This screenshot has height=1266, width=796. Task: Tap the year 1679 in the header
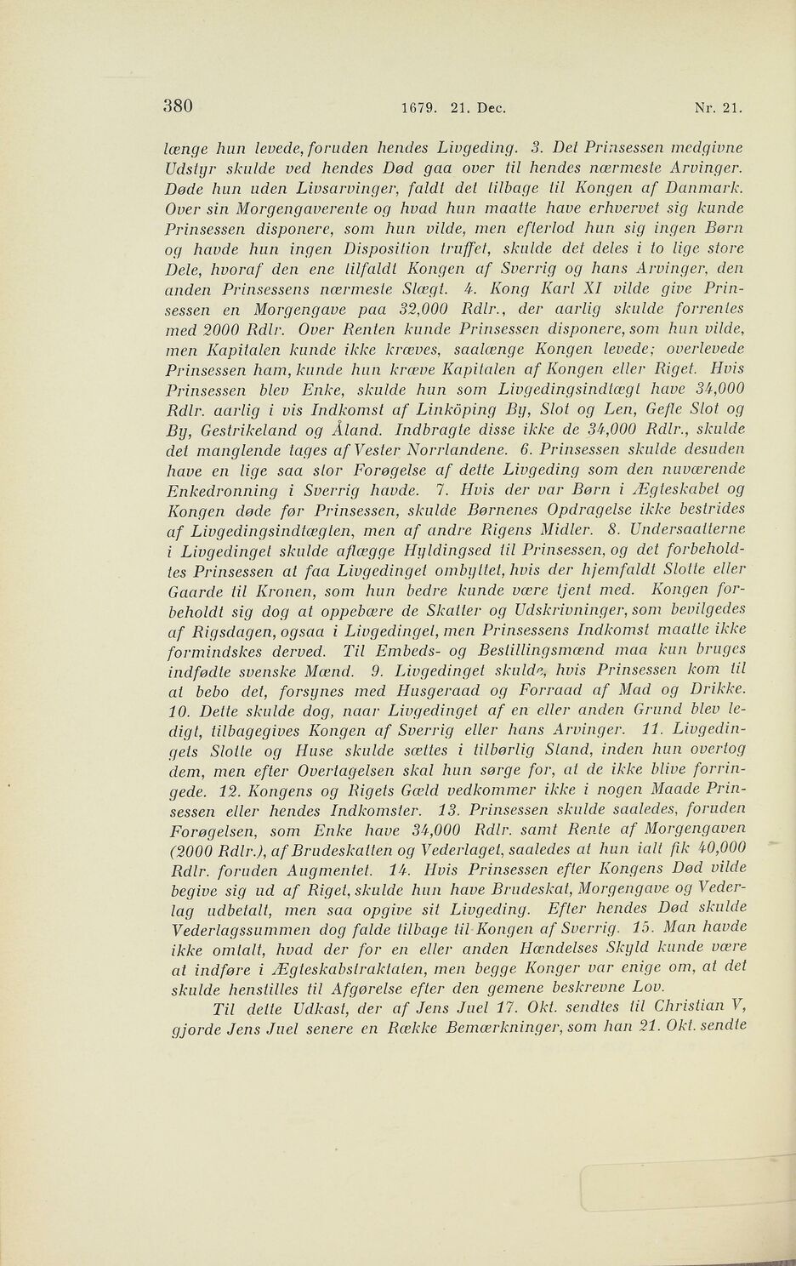pyautogui.click(x=418, y=109)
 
